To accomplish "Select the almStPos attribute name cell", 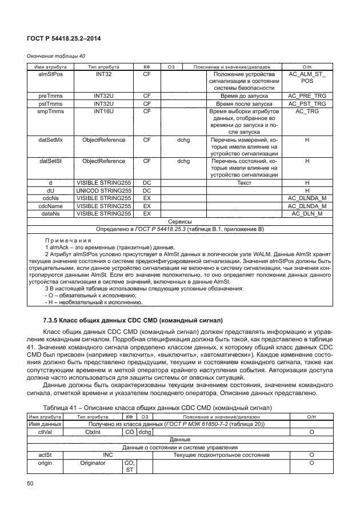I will point(50,75).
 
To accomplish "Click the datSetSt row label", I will point(50,161).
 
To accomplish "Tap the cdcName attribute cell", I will point(50,206).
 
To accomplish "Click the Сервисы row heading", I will point(179,221).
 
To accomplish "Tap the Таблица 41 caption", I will point(157,408).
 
